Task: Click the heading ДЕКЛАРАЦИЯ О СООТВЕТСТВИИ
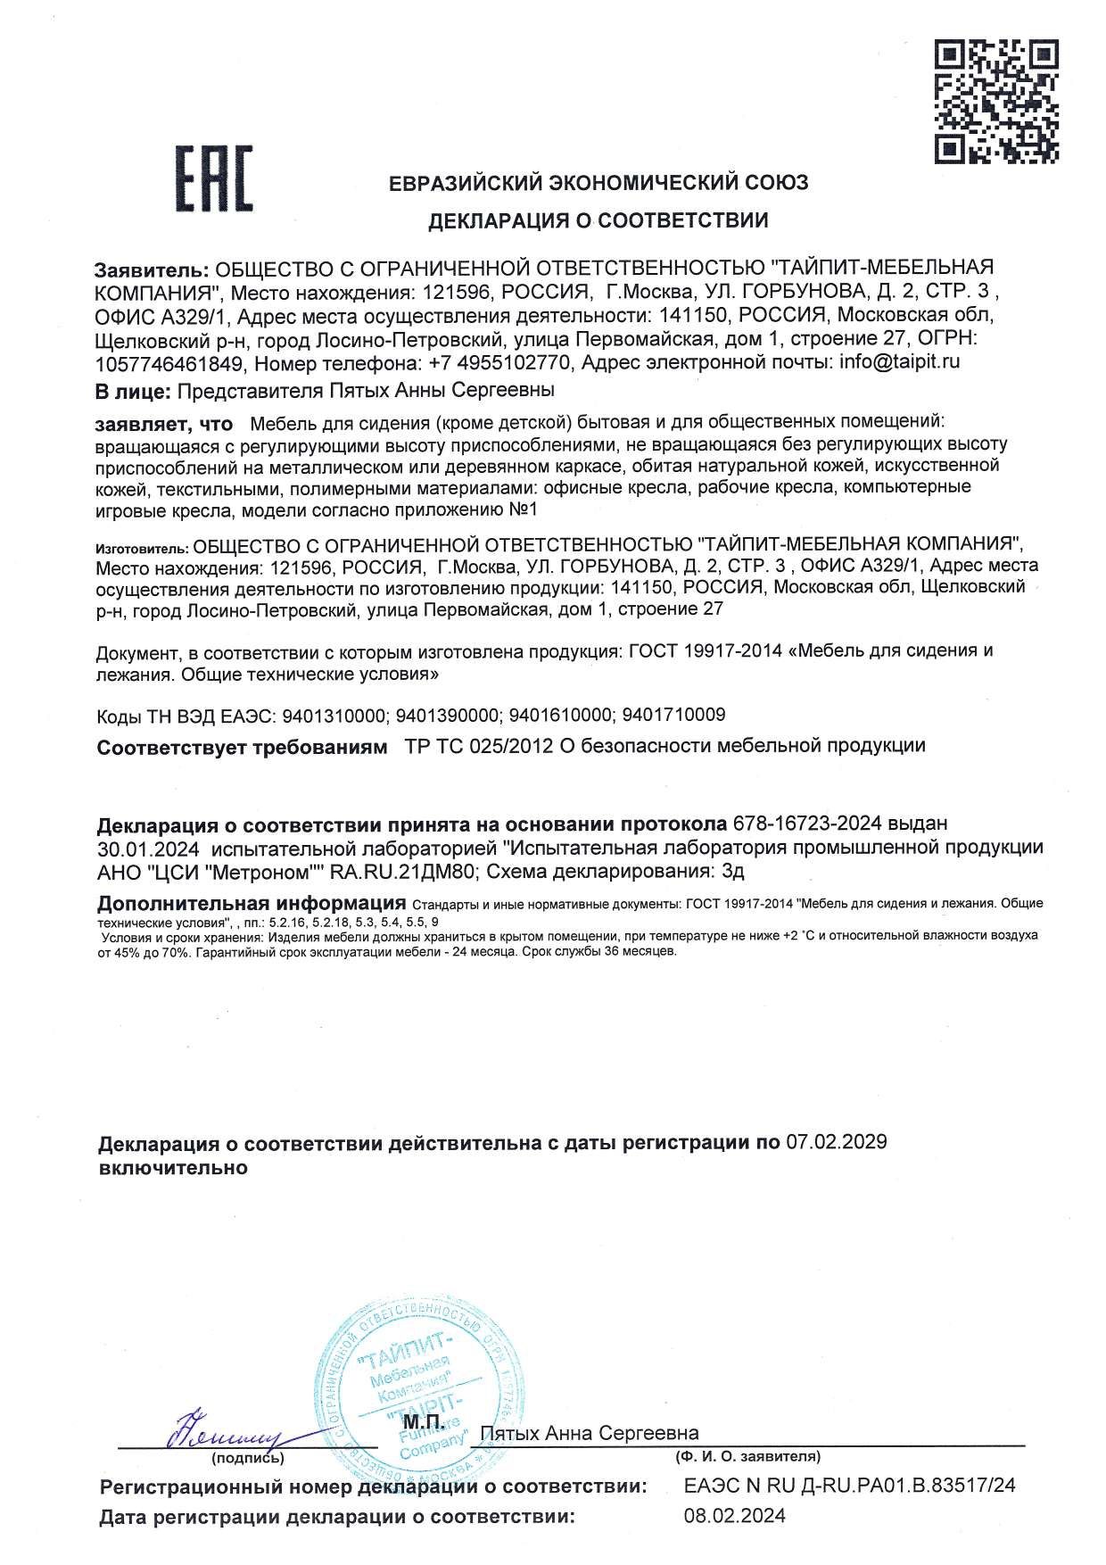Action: pos(598,220)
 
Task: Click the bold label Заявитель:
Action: pos(152,269)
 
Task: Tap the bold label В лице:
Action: pos(132,391)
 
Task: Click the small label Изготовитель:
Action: pos(142,546)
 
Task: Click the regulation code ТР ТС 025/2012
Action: pos(477,745)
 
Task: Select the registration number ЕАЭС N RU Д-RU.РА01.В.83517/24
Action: pos(849,1486)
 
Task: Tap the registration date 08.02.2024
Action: pos(735,1516)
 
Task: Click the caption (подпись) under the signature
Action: pos(248,1459)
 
